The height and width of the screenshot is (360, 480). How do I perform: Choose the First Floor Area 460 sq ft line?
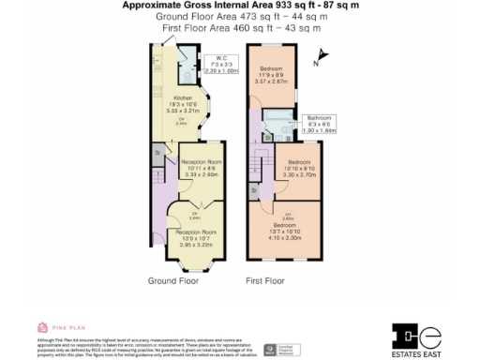click(x=234, y=28)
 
